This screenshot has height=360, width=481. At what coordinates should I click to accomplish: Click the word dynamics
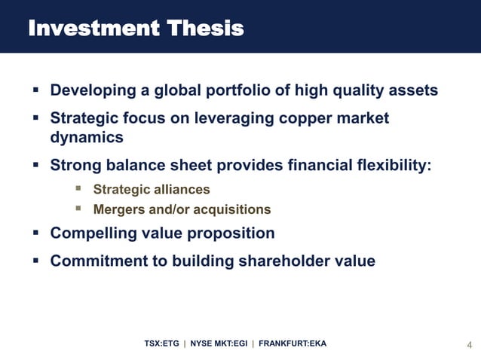[x=86, y=138]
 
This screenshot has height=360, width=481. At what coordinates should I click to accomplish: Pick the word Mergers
[x=118, y=209]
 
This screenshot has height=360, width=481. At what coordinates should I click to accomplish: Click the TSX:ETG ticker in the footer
[x=162, y=344]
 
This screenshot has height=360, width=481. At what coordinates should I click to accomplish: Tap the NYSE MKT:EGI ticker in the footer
[x=219, y=344]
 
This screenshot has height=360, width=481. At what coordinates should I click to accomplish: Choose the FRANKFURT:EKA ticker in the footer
[x=293, y=344]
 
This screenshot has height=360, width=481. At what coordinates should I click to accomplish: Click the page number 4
[x=470, y=346]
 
